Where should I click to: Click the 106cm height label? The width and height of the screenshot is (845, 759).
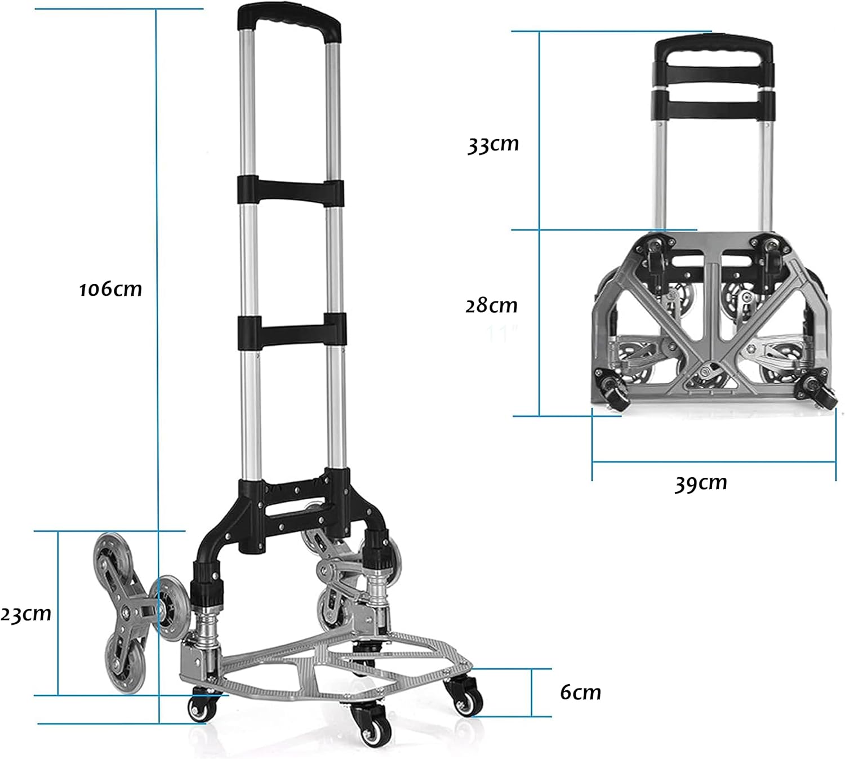[110, 289]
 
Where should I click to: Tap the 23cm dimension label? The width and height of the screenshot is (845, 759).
[26, 613]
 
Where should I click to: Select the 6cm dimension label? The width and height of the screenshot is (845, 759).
[580, 692]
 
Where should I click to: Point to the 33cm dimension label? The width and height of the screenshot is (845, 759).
[493, 144]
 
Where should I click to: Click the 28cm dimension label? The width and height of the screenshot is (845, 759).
[491, 305]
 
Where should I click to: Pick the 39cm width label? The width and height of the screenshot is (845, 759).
[701, 483]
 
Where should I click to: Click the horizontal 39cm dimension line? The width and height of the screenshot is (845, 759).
[713, 462]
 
